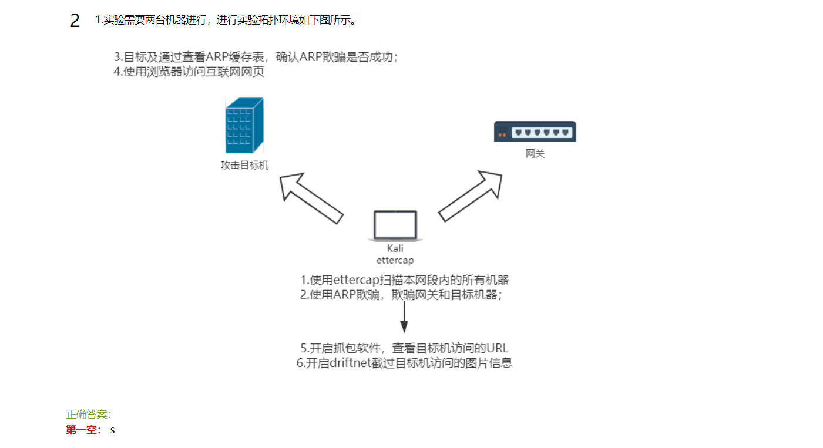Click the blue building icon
coord(244,126)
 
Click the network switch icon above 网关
coord(535,132)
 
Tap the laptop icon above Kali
coord(395,225)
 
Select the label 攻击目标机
coord(244,166)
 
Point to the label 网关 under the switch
coord(535,154)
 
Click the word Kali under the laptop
coord(395,248)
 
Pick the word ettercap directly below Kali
coord(395,260)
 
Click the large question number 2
coord(75,21)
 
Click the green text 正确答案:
coord(89,415)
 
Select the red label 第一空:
coord(84,430)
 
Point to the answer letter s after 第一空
coord(113,430)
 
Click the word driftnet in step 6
coord(349,363)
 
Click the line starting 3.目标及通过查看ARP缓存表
coord(256,58)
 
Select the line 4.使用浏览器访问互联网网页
coord(189,72)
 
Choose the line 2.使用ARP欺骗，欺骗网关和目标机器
coord(401,295)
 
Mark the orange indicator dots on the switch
coord(502,136)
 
